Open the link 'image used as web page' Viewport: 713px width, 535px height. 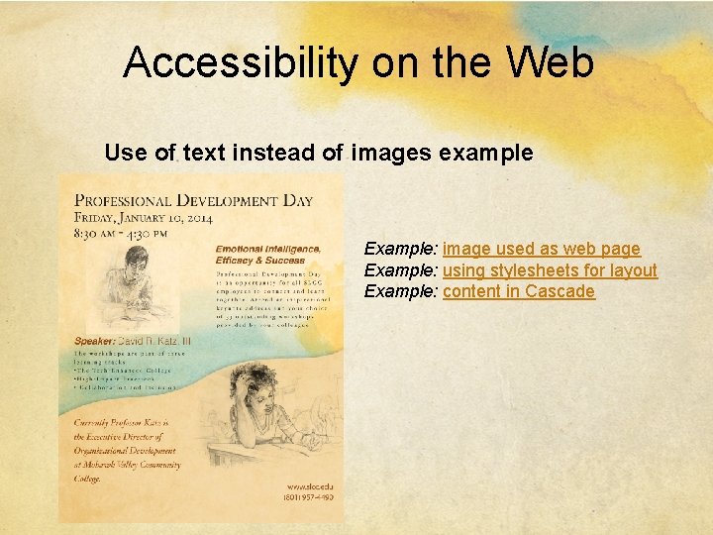click(x=542, y=249)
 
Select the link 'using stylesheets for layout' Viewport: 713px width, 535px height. click(x=550, y=270)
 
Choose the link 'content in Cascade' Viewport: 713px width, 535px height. click(x=519, y=291)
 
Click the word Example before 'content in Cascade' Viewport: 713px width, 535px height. click(x=399, y=291)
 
